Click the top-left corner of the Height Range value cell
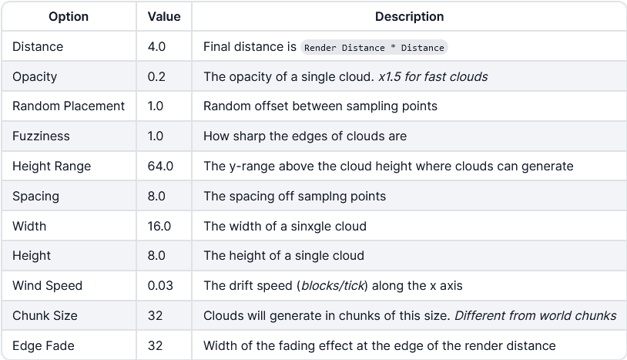(x=136, y=151)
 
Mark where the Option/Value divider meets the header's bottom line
(x=136, y=31)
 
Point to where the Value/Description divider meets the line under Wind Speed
(x=192, y=301)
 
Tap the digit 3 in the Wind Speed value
(x=169, y=285)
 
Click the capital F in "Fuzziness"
(x=15, y=136)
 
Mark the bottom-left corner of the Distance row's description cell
(x=192, y=61)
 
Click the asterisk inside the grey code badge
(x=393, y=48)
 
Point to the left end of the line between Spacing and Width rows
(x=2, y=211)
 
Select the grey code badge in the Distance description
(x=374, y=47)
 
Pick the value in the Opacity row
(x=156, y=76)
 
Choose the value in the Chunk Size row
(x=155, y=315)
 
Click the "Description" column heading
(x=410, y=16)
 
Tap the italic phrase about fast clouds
(x=433, y=76)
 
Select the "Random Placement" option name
(x=69, y=106)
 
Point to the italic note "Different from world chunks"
(x=535, y=315)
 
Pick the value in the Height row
(x=156, y=256)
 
